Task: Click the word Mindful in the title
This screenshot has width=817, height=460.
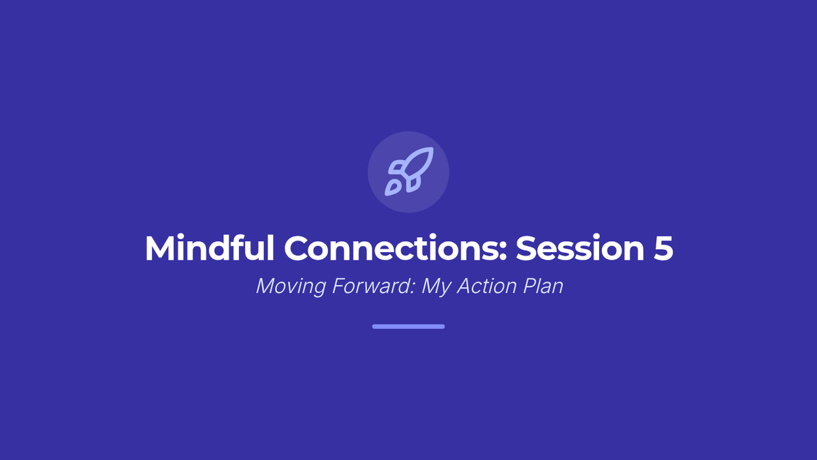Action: [x=210, y=248]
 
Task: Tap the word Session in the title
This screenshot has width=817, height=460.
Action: [x=580, y=249]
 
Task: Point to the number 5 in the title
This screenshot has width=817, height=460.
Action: [x=663, y=249]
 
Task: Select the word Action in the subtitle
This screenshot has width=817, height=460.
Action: [x=487, y=286]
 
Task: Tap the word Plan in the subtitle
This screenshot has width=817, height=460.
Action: [x=543, y=286]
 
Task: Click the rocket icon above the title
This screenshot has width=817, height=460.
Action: [x=409, y=171]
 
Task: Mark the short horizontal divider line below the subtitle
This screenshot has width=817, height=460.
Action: [x=408, y=326]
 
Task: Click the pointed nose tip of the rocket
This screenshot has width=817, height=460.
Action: [x=432, y=149]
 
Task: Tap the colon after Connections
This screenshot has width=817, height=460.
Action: [x=502, y=252]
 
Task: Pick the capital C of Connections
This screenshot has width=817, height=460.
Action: [x=297, y=249]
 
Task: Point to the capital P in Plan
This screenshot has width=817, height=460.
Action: [x=530, y=286]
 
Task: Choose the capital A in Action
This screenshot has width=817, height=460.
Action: [x=464, y=286]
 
